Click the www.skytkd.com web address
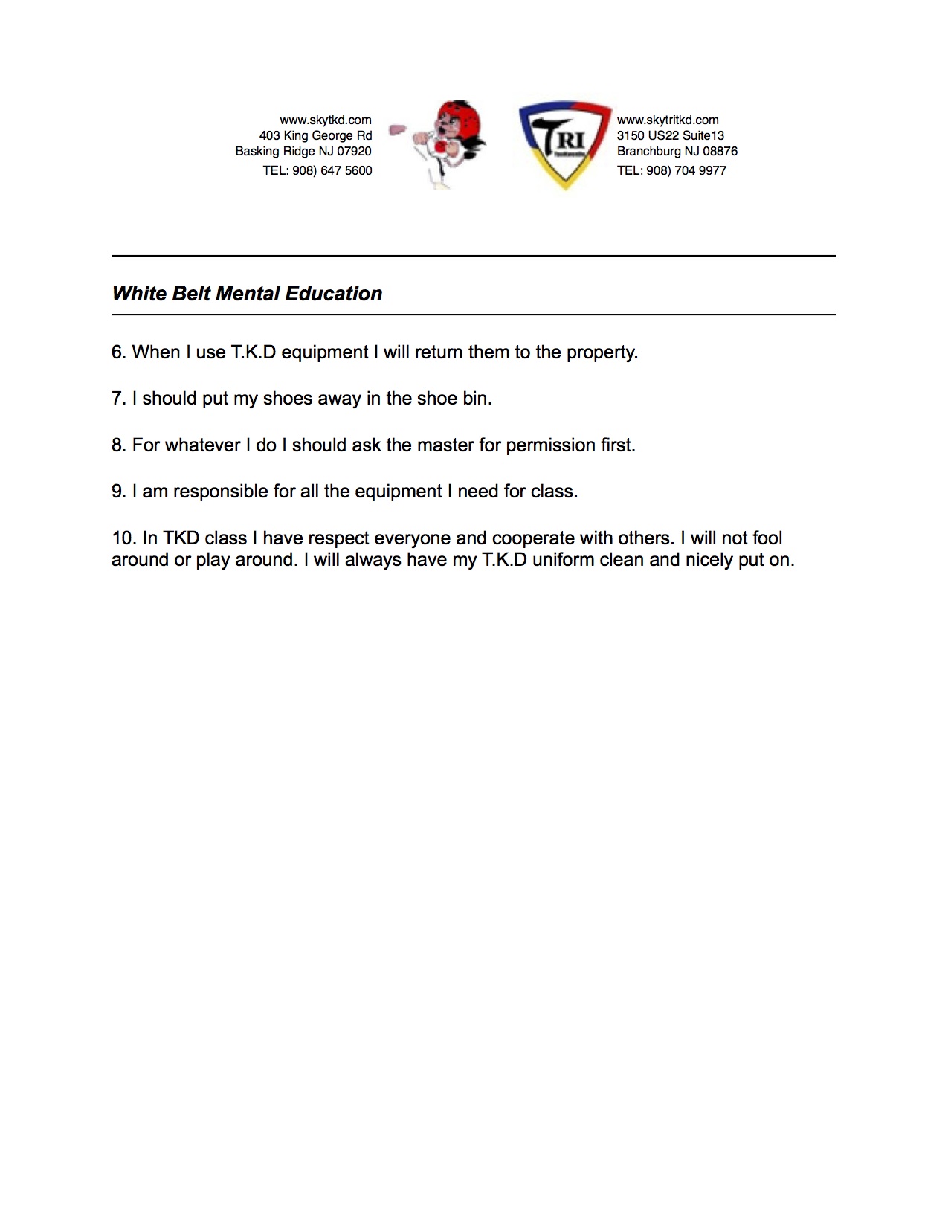pyautogui.click(x=325, y=120)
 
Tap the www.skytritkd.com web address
pyautogui.click(x=668, y=120)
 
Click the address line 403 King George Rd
pyautogui.click(x=315, y=135)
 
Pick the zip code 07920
pyautogui.click(x=354, y=151)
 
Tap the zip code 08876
pyautogui.click(x=720, y=151)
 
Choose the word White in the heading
pyautogui.click(x=139, y=294)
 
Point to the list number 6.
pyautogui.click(x=118, y=352)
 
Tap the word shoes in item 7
pyautogui.click(x=287, y=399)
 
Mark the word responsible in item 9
pyautogui.click(x=221, y=492)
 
